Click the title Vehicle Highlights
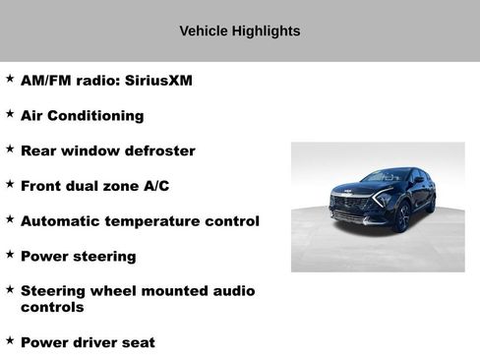[240, 31]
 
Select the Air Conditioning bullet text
[82, 116]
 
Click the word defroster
[159, 151]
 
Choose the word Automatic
[59, 221]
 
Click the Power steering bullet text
[78, 257]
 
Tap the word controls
[52, 308]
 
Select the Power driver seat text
[88, 342]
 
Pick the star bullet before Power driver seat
[10, 340]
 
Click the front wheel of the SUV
[401, 217]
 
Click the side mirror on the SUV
[417, 181]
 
